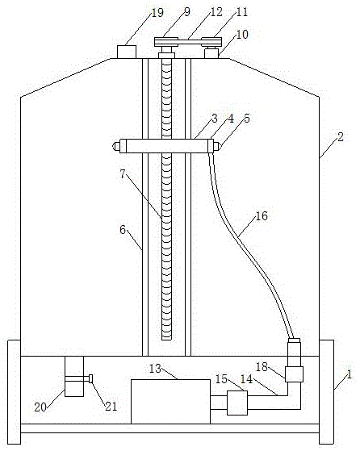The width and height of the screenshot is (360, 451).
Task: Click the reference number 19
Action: [x=157, y=12]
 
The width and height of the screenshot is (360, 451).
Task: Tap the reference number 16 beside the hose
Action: [x=262, y=215]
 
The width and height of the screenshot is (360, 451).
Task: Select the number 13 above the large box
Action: [x=156, y=369]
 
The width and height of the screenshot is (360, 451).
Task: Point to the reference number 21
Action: [x=111, y=406]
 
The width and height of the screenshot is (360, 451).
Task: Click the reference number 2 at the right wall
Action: [x=341, y=137]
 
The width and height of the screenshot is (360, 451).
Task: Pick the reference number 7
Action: [x=123, y=173]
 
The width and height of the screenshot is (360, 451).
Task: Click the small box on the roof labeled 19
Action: [x=127, y=52]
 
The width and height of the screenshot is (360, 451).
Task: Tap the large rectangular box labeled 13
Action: [x=170, y=402]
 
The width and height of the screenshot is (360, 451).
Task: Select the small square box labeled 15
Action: [x=237, y=403]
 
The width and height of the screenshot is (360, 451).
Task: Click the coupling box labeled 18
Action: [x=294, y=374]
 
